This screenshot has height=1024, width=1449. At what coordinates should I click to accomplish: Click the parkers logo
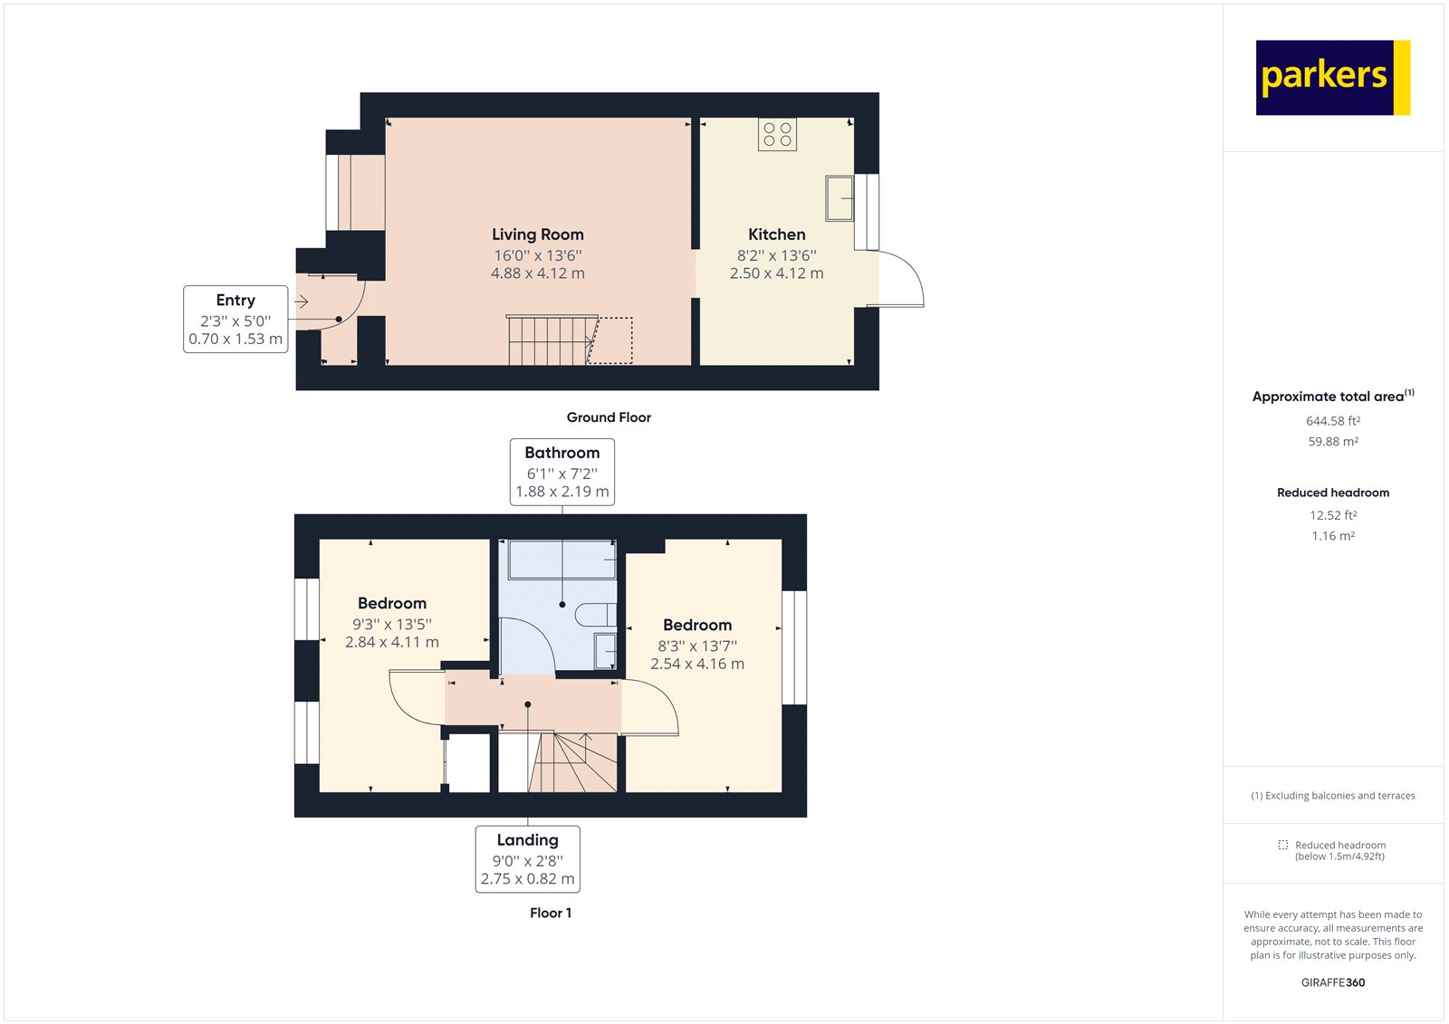coord(1332,78)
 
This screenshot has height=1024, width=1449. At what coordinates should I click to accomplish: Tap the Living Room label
coord(538,234)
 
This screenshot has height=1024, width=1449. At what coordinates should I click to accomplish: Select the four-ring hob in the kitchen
coord(777,135)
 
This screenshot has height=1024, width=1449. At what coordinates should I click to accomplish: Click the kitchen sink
coord(840,198)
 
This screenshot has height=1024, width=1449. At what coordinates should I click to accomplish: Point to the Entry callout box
coord(235,319)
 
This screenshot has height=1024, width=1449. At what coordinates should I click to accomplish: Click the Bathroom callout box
coord(562,472)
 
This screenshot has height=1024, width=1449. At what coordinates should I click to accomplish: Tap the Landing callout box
coord(528,859)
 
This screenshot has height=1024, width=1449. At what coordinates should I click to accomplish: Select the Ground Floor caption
coord(609,417)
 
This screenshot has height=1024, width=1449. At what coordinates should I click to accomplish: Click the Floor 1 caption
coord(551,913)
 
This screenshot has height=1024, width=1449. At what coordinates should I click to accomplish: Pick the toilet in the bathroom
coord(596,615)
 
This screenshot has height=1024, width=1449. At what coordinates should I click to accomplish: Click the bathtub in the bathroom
coord(562,560)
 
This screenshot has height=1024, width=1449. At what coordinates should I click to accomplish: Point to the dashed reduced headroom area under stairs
coord(611,340)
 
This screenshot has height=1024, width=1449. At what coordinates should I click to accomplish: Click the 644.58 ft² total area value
coord(1333,421)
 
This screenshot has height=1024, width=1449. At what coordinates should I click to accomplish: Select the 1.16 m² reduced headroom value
coord(1333,536)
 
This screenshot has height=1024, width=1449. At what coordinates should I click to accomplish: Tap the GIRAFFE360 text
coord(1333,982)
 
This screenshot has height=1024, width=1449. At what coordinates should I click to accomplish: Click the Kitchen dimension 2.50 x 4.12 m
coord(777,273)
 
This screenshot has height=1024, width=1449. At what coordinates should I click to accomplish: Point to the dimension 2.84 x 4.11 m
coord(392,642)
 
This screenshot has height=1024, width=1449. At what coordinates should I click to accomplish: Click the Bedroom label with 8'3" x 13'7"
coord(697,625)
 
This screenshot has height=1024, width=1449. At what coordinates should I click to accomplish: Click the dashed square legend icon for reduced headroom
coord(1282,845)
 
